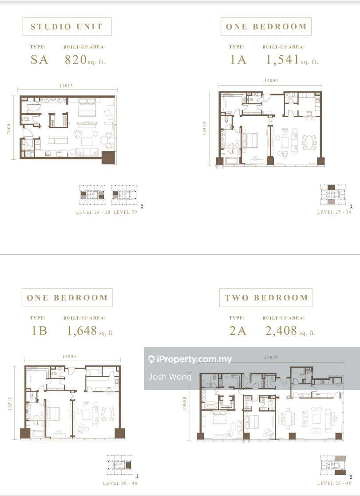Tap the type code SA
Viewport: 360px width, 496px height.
pos(39,59)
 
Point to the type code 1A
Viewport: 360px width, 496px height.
pos(238,59)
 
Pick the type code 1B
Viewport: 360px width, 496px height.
pos(39,331)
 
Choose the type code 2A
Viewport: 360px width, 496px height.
pos(238,331)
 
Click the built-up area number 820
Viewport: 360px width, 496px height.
pos(75,59)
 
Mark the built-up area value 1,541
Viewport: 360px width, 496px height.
pos(282,59)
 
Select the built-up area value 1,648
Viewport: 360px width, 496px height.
pos(82,331)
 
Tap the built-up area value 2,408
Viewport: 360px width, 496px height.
pos(281,331)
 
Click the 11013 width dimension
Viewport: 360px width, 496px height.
pos(66,86)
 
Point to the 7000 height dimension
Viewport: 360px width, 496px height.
pos(9,129)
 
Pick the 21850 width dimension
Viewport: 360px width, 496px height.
pos(271,357)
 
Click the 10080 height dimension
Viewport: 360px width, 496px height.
pos(185,403)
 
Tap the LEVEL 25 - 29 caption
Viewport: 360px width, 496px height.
pos(334,212)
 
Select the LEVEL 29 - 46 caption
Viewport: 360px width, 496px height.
pos(120,483)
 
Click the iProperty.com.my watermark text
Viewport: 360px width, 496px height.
pos(190,359)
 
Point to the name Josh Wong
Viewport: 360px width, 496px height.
pos(170,377)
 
